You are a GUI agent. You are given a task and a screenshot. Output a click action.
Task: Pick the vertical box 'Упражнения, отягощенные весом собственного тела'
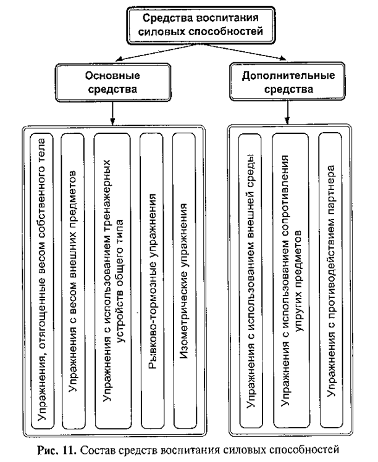coord(43,281)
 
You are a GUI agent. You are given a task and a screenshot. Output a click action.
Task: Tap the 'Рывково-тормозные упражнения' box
coord(151,281)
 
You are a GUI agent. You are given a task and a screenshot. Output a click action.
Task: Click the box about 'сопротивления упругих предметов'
coord(290,281)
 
